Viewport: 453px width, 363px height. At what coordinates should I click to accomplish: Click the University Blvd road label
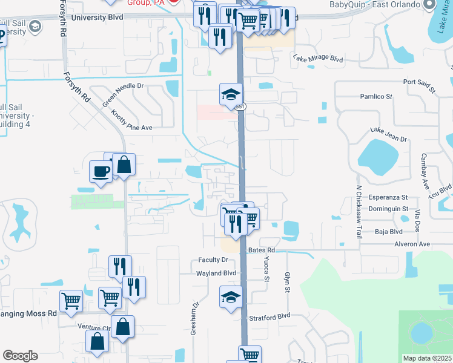pos(97,18)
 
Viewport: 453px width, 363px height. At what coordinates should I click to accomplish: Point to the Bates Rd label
pos(262,250)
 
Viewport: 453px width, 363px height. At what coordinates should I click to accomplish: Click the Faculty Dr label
pos(213,260)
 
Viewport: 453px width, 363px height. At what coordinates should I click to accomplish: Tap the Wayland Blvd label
pos(216,273)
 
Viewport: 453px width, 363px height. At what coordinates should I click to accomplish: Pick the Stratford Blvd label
pos(270,316)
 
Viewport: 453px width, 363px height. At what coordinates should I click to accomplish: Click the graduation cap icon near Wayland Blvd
pos(231,297)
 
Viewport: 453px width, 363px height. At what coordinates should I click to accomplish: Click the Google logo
pos(20,356)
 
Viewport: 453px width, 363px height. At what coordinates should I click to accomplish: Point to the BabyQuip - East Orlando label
pos(374,4)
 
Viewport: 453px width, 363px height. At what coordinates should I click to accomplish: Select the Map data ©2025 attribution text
pos(428,358)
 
